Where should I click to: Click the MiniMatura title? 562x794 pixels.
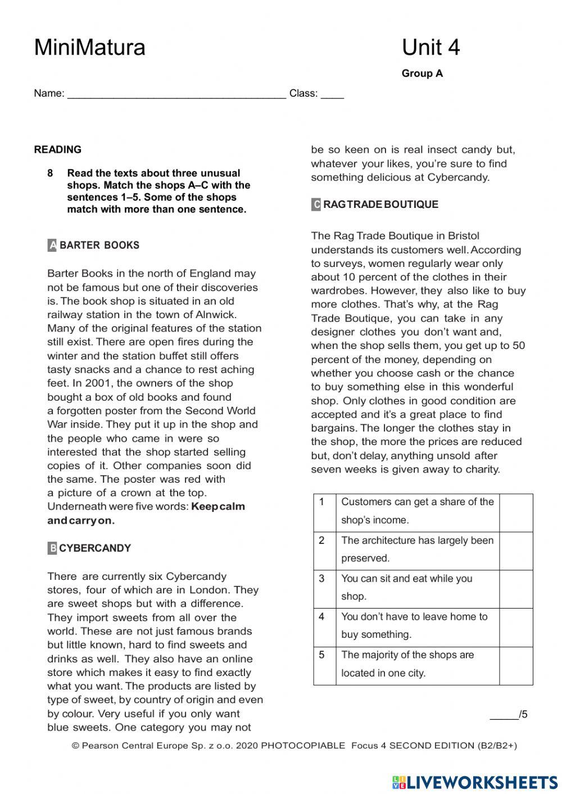coord(89,48)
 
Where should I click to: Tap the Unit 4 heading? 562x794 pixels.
coord(430,48)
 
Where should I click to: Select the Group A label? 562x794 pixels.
coord(422,74)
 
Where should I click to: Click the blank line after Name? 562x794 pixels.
coord(176,94)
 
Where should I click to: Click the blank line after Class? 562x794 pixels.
coord(332,94)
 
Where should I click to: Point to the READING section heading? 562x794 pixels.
coord(58,149)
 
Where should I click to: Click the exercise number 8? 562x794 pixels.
coord(51,173)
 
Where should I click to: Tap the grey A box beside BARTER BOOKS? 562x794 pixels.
coord(52,246)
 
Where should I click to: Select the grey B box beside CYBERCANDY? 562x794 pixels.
coord(52,548)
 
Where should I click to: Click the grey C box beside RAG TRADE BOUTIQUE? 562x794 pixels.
coord(316,205)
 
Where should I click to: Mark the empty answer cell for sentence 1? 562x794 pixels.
coord(515,512)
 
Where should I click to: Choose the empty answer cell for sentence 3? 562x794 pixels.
coord(515,589)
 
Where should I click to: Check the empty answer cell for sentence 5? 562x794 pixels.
coord(515,665)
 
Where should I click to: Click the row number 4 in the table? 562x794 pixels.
coord(321,616)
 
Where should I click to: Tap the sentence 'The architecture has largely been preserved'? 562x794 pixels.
coord(417,549)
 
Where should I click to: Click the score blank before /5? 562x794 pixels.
coord(504,715)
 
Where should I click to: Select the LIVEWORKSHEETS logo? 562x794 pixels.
coord(475,782)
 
